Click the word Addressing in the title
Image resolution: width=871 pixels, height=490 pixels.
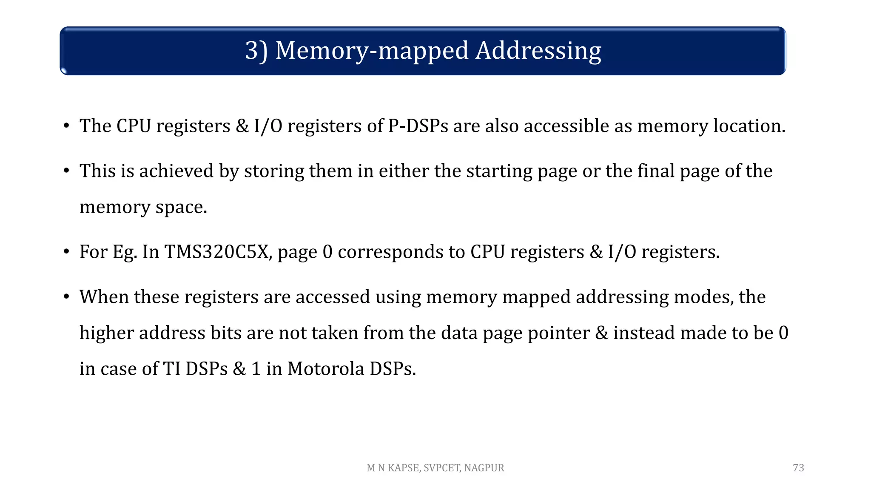pyautogui.click(x=538, y=51)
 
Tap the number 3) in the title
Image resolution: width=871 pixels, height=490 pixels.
pyautogui.click(x=256, y=51)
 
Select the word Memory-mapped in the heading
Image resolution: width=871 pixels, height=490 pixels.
pyautogui.click(x=372, y=51)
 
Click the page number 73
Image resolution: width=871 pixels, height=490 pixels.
pyautogui.click(x=798, y=468)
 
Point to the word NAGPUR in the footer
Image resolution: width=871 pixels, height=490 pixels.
pyautogui.click(x=484, y=468)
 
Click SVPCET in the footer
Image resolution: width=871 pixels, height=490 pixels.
pyautogui.click(x=442, y=468)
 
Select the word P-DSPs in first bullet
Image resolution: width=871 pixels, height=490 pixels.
pyautogui.click(x=418, y=126)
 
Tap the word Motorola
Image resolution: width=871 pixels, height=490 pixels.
pyautogui.click(x=326, y=369)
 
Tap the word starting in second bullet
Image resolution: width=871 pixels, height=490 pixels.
pyautogui.click(x=499, y=171)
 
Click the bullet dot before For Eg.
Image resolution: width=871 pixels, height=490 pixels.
pyautogui.click(x=66, y=252)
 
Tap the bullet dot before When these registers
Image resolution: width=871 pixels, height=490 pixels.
pyautogui.click(x=66, y=296)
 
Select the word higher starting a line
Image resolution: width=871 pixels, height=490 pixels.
pyautogui.click(x=106, y=333)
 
